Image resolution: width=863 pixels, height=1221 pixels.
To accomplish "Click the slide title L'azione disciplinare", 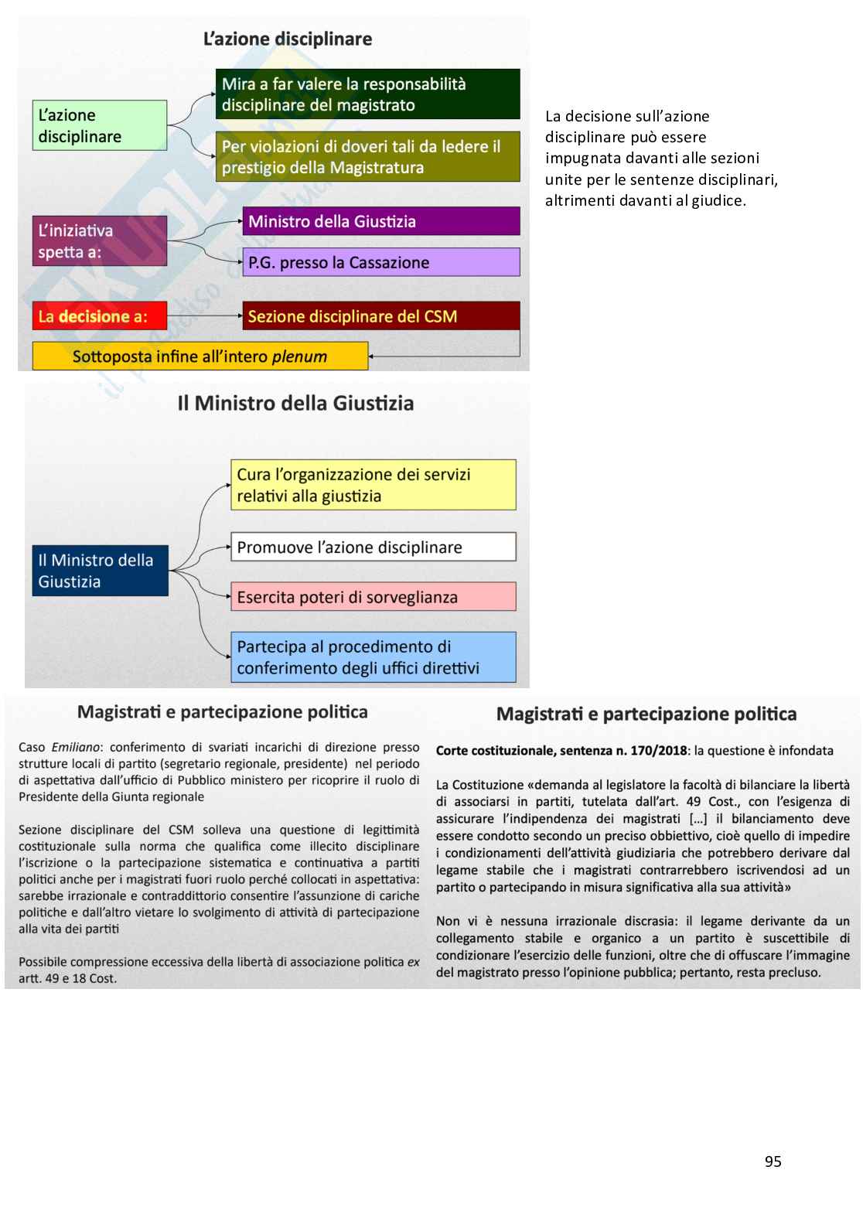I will click(x=288, y=39).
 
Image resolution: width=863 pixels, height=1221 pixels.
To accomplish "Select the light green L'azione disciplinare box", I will click(x=99, y=125).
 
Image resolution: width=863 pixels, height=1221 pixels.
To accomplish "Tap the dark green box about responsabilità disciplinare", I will click(x=367, y=94).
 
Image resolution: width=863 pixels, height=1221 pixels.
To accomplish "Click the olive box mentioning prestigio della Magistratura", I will click(x=367, y=157).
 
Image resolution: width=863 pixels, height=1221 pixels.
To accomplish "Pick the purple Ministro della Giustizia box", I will click(x=380, y=221).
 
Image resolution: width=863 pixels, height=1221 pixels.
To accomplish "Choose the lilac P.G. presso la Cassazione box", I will click(x=380, y=262).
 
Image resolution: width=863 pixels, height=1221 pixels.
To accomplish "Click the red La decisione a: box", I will click(x=99, y=315).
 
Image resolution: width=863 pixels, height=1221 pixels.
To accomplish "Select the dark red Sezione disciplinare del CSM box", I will click(x=380, y=315).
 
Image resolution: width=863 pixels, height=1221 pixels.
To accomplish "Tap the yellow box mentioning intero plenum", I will click(x=200, y=356).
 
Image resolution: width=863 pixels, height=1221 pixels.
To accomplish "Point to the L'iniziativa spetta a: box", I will click(x=99, y=241).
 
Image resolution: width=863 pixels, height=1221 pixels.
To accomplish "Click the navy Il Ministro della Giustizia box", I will click(x=101, y=571).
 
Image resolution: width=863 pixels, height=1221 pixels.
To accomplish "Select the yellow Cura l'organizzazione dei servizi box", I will click(x=373, y=485).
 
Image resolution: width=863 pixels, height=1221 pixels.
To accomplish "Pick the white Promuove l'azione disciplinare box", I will click(x=373, y=547).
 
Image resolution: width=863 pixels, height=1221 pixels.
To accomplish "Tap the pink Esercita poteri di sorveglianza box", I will click(x=373, y=597).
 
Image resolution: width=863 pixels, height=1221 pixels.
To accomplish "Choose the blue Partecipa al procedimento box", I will click(x=373, y=657).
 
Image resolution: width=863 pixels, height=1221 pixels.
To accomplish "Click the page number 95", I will click(x=773, y=1161).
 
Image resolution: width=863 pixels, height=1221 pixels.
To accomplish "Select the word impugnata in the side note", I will click(x=579, y=158).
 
